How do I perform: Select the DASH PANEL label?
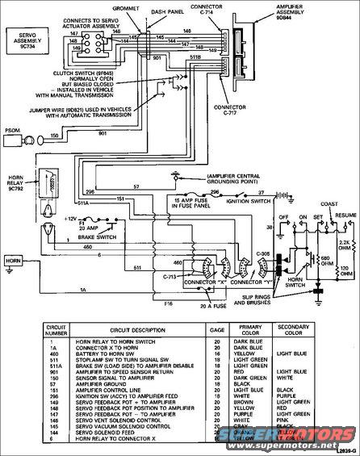coord(187,10)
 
